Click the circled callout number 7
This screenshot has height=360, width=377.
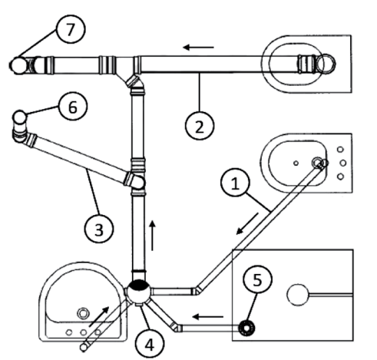(x=71, y=29)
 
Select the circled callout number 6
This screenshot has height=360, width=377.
(x=73, y=107)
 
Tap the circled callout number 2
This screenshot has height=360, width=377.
(x=200, y=126)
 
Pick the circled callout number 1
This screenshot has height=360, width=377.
(x=235, y=183)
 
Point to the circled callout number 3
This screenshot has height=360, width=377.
(x=99, y=229)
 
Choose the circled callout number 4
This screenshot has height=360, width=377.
(x=150, y=344)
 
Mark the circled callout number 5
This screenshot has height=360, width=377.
(x=257, y=279)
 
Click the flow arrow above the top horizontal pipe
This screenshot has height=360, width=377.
(x=198, y=48)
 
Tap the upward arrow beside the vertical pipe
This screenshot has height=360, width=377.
(x=153, y=236)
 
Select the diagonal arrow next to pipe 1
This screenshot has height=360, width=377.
(x=247, y=223)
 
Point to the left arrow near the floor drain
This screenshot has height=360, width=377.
(x=207, y=317)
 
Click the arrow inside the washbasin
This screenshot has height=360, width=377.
(x=99, y=316)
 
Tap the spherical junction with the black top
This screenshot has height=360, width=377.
(x=139, y=292)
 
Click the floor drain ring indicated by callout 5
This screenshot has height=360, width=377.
(x=246, y=328)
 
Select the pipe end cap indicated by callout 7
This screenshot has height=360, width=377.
(x=18, y=65)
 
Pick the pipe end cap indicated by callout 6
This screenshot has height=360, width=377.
(x=20, y=117)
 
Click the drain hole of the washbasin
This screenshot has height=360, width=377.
(x=83, y=313)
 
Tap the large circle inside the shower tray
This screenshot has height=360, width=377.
(x=297, y=295)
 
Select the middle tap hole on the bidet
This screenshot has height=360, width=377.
(x=343, y=163)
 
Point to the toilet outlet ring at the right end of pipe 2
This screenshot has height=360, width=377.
(x=326, y=64)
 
